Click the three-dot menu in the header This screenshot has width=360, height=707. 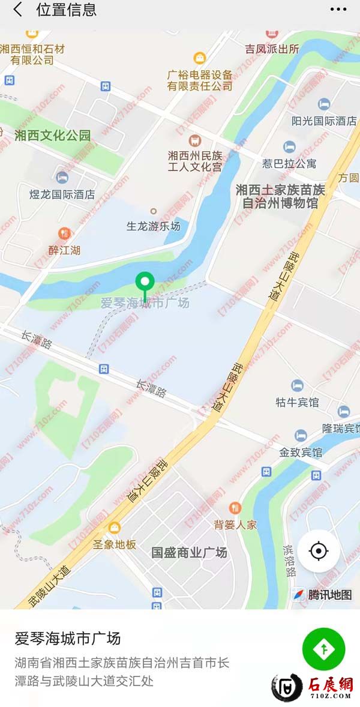338,10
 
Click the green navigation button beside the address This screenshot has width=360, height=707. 323,649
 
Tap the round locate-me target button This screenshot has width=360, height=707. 319,551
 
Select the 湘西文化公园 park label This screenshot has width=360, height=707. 53,136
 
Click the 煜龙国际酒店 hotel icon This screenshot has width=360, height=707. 62,177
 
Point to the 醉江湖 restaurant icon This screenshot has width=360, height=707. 64,233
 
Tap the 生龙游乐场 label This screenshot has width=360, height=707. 153,226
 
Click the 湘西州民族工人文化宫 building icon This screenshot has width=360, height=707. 194,140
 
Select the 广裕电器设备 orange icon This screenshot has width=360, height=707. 199,58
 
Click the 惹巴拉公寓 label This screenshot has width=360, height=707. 289,163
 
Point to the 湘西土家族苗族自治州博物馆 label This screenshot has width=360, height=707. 280,196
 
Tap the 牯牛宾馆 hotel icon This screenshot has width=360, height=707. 297,386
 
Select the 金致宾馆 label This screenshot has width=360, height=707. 301,452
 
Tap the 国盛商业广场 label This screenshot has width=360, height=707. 189,553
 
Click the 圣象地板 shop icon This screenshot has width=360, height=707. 114,528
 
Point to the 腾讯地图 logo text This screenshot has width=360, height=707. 329,595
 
